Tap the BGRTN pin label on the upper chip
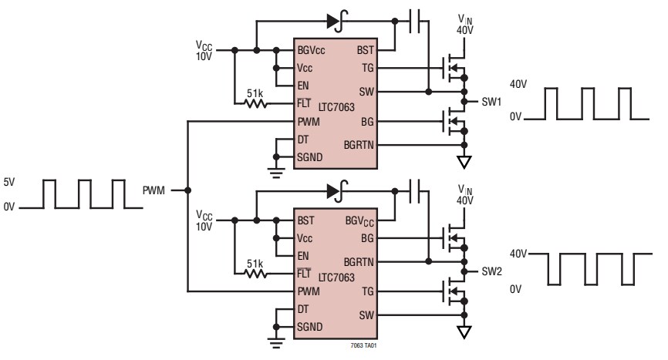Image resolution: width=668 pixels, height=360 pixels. point(359,144)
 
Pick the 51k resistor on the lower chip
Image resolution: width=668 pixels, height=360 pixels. point(255,274)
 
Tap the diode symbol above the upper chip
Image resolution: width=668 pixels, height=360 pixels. point(335,22)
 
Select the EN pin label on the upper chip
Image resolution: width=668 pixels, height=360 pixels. point(303,85)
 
